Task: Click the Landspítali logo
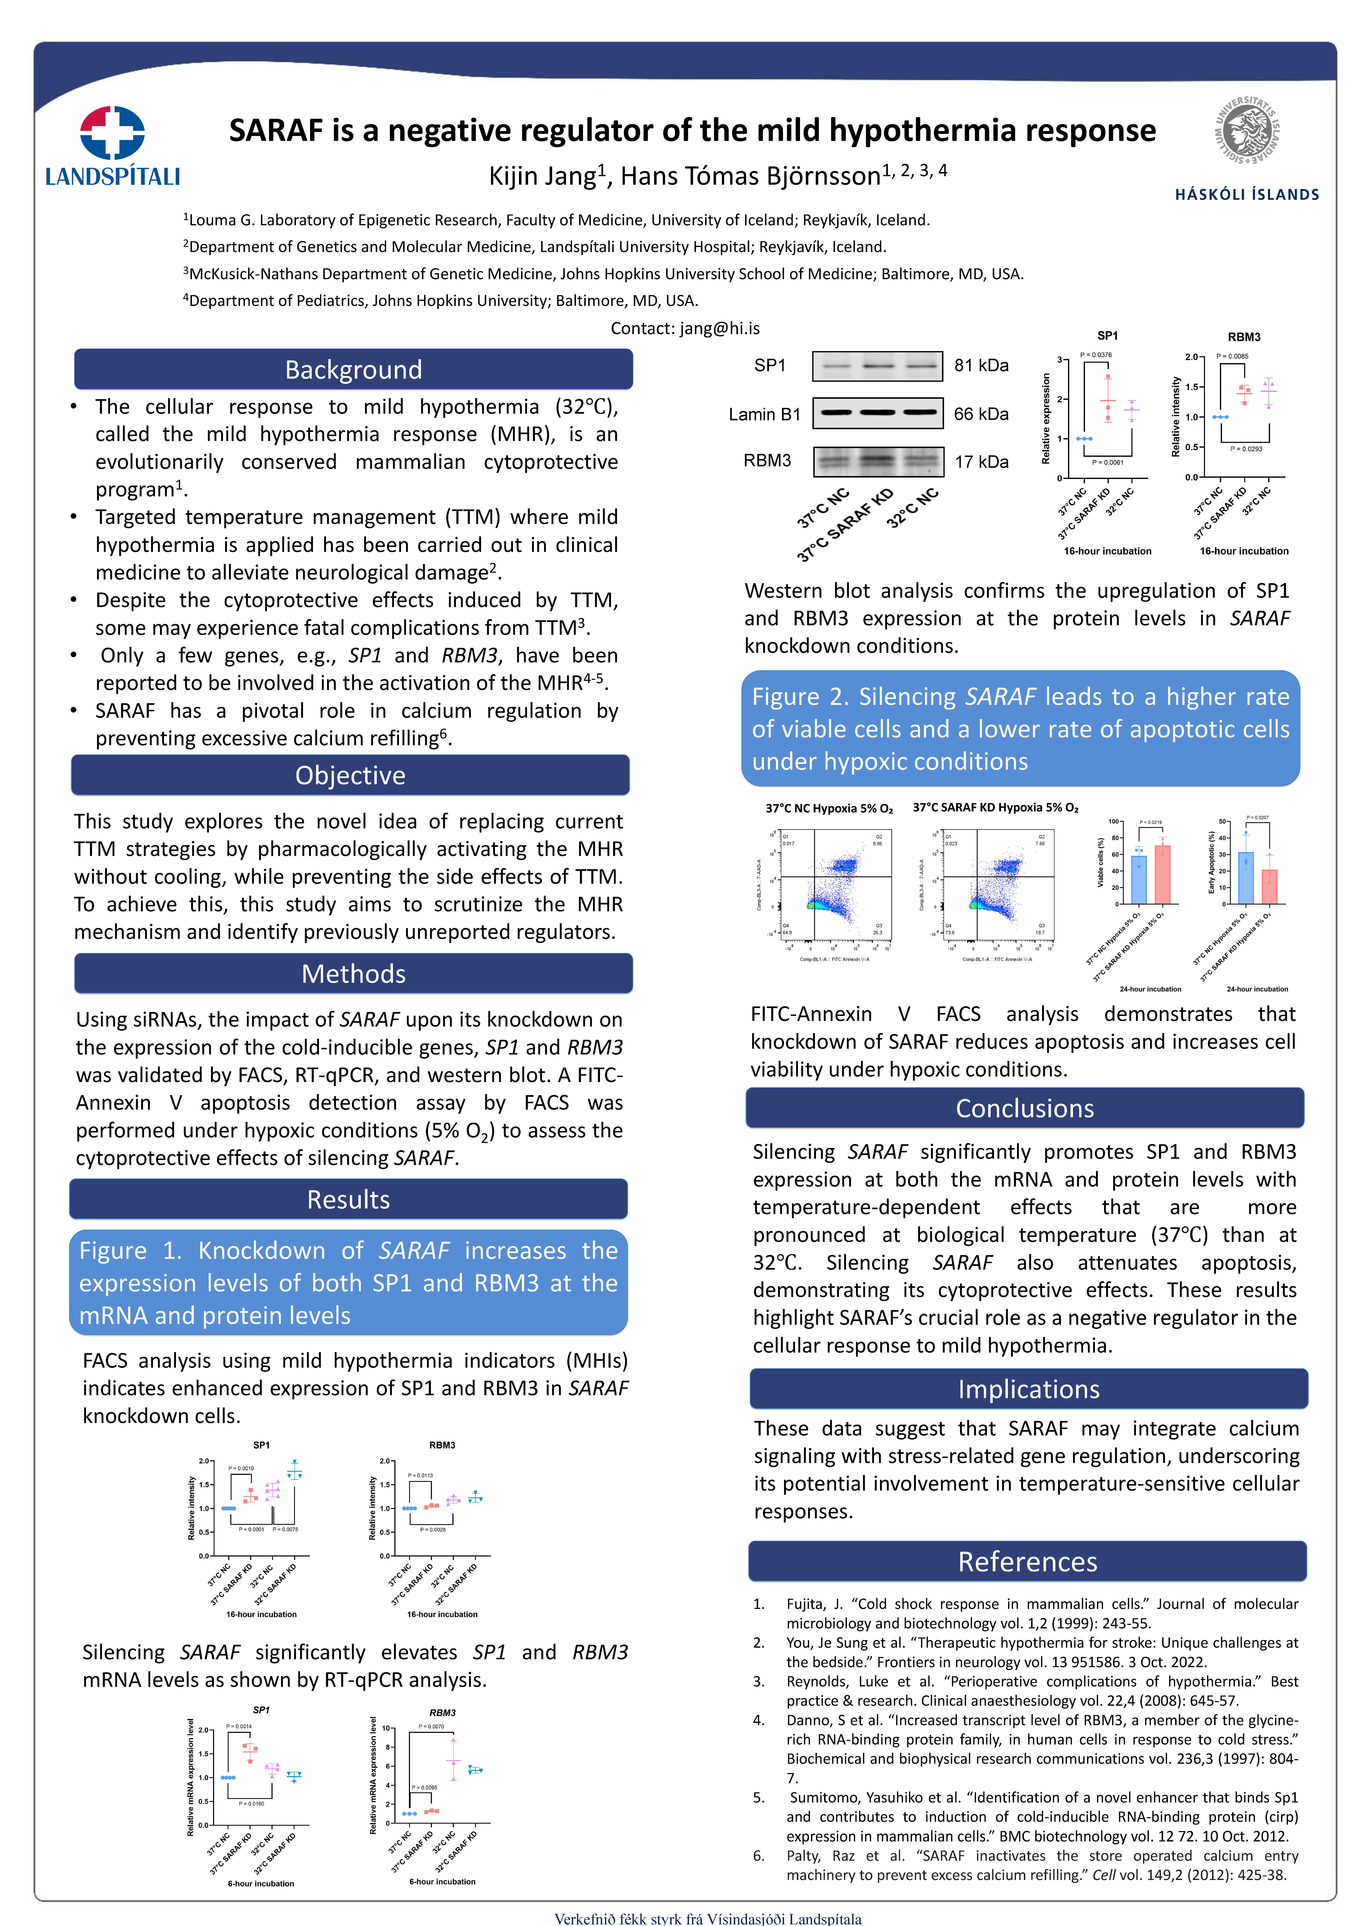[112, 145]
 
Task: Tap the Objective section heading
[350, 775]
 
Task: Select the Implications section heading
[1028, 1389]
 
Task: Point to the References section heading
[1027, 1561]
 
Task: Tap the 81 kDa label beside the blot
[981, 365]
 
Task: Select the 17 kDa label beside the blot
[981, 462]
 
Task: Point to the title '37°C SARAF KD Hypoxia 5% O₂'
[995, 808]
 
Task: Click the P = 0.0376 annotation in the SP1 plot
[1096, 355]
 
